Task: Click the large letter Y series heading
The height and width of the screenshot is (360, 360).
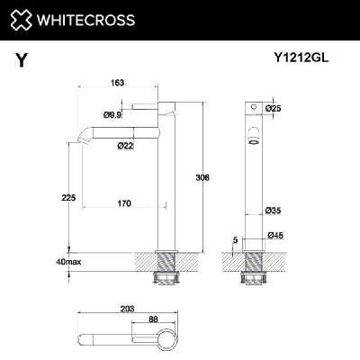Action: click(20, 60)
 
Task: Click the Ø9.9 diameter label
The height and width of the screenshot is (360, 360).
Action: click(112, 114)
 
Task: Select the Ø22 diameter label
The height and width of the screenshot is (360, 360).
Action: click(125, 146)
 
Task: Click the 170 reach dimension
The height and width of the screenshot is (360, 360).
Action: click(124, 203)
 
